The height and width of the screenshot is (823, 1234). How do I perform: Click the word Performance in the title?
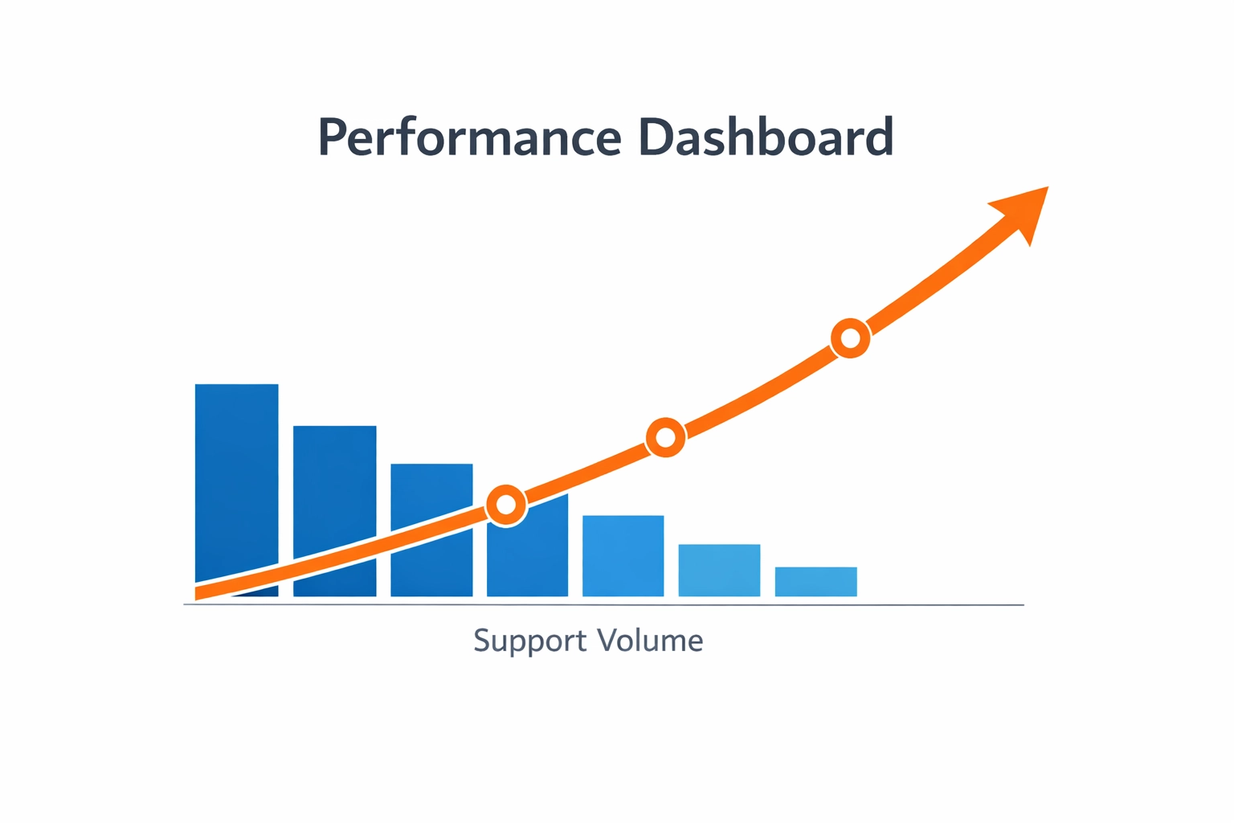(x=470, y=137)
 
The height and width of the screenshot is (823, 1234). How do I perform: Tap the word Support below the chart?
(x=530, y=641)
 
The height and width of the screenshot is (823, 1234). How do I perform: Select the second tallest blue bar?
(x=334, y=482)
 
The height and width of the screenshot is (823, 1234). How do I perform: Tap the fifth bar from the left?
(x=623, y=556)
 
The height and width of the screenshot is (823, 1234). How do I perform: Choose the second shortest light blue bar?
(x=719, y=571)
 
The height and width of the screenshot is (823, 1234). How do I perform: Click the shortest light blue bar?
(x=815, y=582)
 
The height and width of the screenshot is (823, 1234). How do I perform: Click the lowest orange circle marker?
(x=506, y=505)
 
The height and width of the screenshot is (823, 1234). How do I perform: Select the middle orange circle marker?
(x=665, y=438)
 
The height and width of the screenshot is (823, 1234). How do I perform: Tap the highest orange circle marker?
(x=850, y=338)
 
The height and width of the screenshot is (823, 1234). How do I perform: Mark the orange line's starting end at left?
(x=199, y=593)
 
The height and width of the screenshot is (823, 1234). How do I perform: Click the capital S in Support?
(x=480, y=641)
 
